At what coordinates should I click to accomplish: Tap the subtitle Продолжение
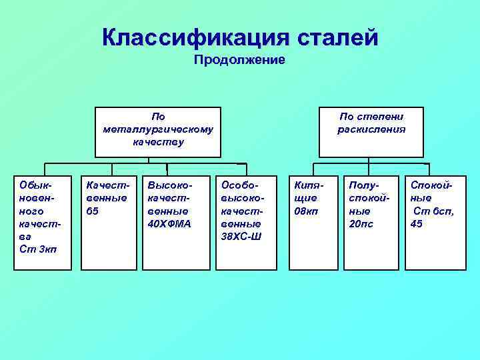[x=239, y=61]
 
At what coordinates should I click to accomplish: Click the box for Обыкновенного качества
[x=43, y=223]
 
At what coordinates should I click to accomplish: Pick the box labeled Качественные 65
[x=107, y=223]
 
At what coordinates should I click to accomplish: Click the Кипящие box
[x=309, y=223]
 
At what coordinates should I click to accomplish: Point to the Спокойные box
[x=433, y=223]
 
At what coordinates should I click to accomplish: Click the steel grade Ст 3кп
[x=38, y=249]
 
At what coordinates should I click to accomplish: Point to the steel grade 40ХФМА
[x=169, y=224]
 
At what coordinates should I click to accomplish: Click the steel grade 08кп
[x=306, y=211]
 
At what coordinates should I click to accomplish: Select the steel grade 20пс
[x=362, y=224]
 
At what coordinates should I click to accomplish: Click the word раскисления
[x=371, y=129]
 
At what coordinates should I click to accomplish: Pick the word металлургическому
[x=159, y=129]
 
